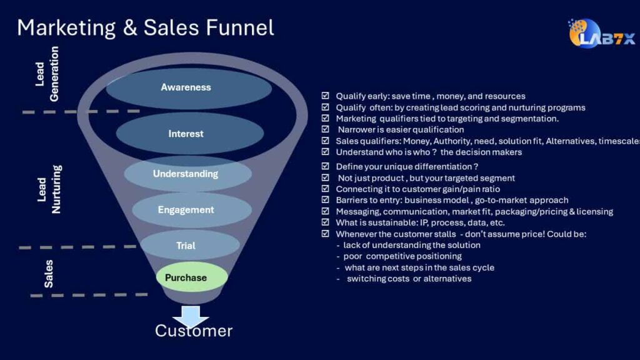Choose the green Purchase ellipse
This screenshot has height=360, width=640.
click(x=187, y=277)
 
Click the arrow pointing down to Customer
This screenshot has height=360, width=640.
click(x=191, y=314)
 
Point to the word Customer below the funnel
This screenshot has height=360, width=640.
click(x=194, y=331)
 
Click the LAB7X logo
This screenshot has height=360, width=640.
click(x=601, y=34)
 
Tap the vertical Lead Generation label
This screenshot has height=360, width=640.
click(x=47, y=74)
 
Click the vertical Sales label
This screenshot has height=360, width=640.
click(x=49, y=273)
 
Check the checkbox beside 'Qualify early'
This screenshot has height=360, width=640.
click(x=325, y=96)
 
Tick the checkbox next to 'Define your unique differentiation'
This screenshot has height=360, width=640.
click(x=325, y=167)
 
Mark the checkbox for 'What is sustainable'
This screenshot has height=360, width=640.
click(x=325, y=222)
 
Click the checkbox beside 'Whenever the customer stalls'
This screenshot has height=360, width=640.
click(x=325, y=234)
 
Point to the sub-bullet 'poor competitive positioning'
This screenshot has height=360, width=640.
click(x=402, y=256)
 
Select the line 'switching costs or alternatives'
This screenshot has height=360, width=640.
click(x=409, y=279)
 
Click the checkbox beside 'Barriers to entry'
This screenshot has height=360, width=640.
click(x=325, y=200)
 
